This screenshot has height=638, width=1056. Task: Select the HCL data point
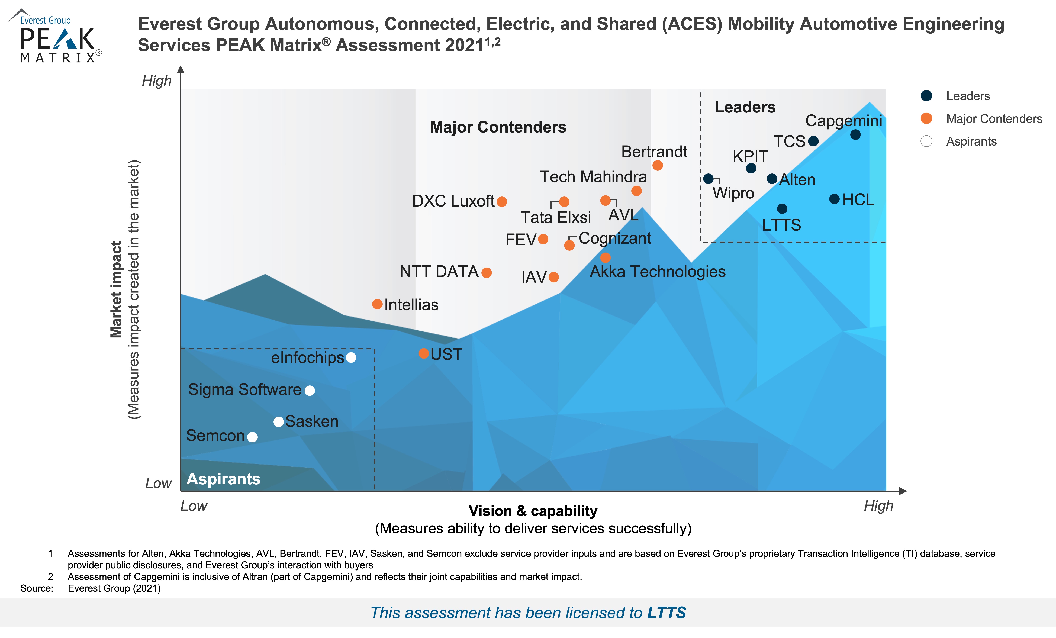pyautogui.click(x=834, y=199)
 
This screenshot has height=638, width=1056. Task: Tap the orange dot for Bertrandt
pyautogui.click(x=657, y=165)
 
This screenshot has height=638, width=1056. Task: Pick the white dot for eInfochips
pyautogui.click(x=351, y=357)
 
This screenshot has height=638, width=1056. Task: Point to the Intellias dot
pyautogui.click(x=377, y=304)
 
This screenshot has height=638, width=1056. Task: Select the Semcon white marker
pyautogui.click(x=252, y=437)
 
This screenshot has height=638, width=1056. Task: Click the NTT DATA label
pyautogui.click(x=439, y=272)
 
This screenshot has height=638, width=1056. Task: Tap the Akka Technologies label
pyautogui.click(x=657, y=272)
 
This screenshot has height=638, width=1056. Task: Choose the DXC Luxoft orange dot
pyautogui.click(x=502, y=201)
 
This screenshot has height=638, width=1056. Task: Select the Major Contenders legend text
pyautogui.click(x=994, y=119)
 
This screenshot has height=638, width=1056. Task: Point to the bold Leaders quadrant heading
pyautogui.click(x=745, y=107)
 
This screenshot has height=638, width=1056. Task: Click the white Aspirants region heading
pyautogui.click(x=223, y=479)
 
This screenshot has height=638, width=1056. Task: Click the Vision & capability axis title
pyautogui.click(x=533, y=511)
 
